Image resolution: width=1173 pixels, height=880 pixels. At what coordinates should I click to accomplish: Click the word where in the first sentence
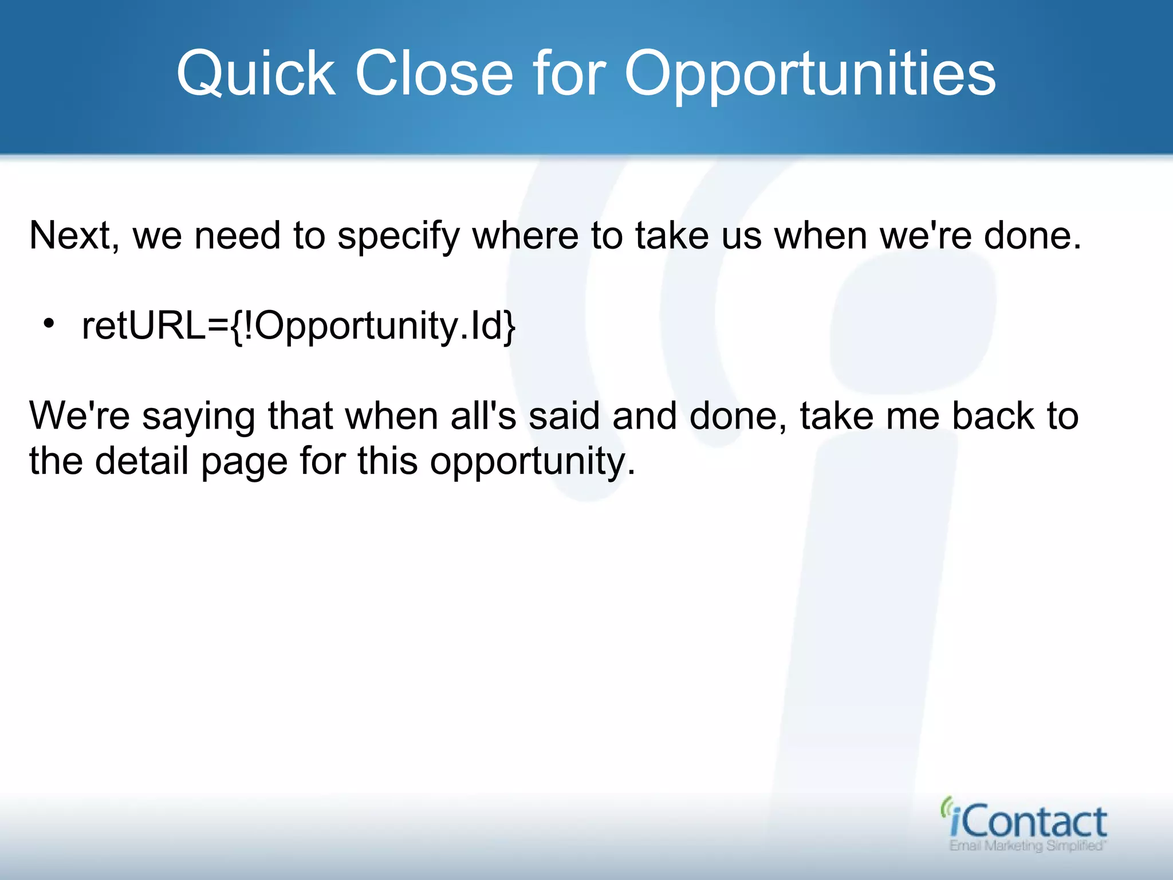[525, 235]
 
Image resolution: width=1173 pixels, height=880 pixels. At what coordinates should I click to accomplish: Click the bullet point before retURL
[49, 324]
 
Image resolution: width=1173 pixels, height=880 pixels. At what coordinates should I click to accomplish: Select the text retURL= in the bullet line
[155, 325]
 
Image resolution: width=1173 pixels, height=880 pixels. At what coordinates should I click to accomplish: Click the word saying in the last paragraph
[198, 417]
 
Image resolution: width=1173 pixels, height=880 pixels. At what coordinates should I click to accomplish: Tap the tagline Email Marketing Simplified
[1027, 846]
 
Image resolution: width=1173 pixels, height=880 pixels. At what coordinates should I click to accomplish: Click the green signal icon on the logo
[946, 807]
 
